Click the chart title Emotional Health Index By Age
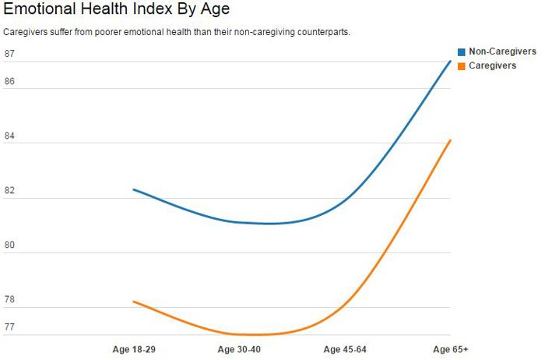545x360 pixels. click(117, 10)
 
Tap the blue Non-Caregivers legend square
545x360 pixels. click(461, 51)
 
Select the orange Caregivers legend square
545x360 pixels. click(461, 66)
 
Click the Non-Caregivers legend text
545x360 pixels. click(502, 51)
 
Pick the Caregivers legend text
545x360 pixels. click(492, 66)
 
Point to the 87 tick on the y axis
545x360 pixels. click(9, 54)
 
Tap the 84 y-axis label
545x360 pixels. click(9, 136)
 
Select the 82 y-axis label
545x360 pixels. click(9, 191)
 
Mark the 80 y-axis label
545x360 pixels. click(9, 245)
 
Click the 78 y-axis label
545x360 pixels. click(9, 300)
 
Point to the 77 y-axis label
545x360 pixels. click(9, 327)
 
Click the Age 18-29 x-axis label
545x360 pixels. click(134, 349)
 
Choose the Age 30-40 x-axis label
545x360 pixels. click(239, 349)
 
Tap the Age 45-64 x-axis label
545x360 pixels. click(345, 349)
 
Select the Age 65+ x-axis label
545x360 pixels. click(450, 349)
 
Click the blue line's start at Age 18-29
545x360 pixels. click(134, 189)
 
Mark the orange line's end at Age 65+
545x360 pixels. click(450, 140)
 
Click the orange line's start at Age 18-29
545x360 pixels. click(134, 301)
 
